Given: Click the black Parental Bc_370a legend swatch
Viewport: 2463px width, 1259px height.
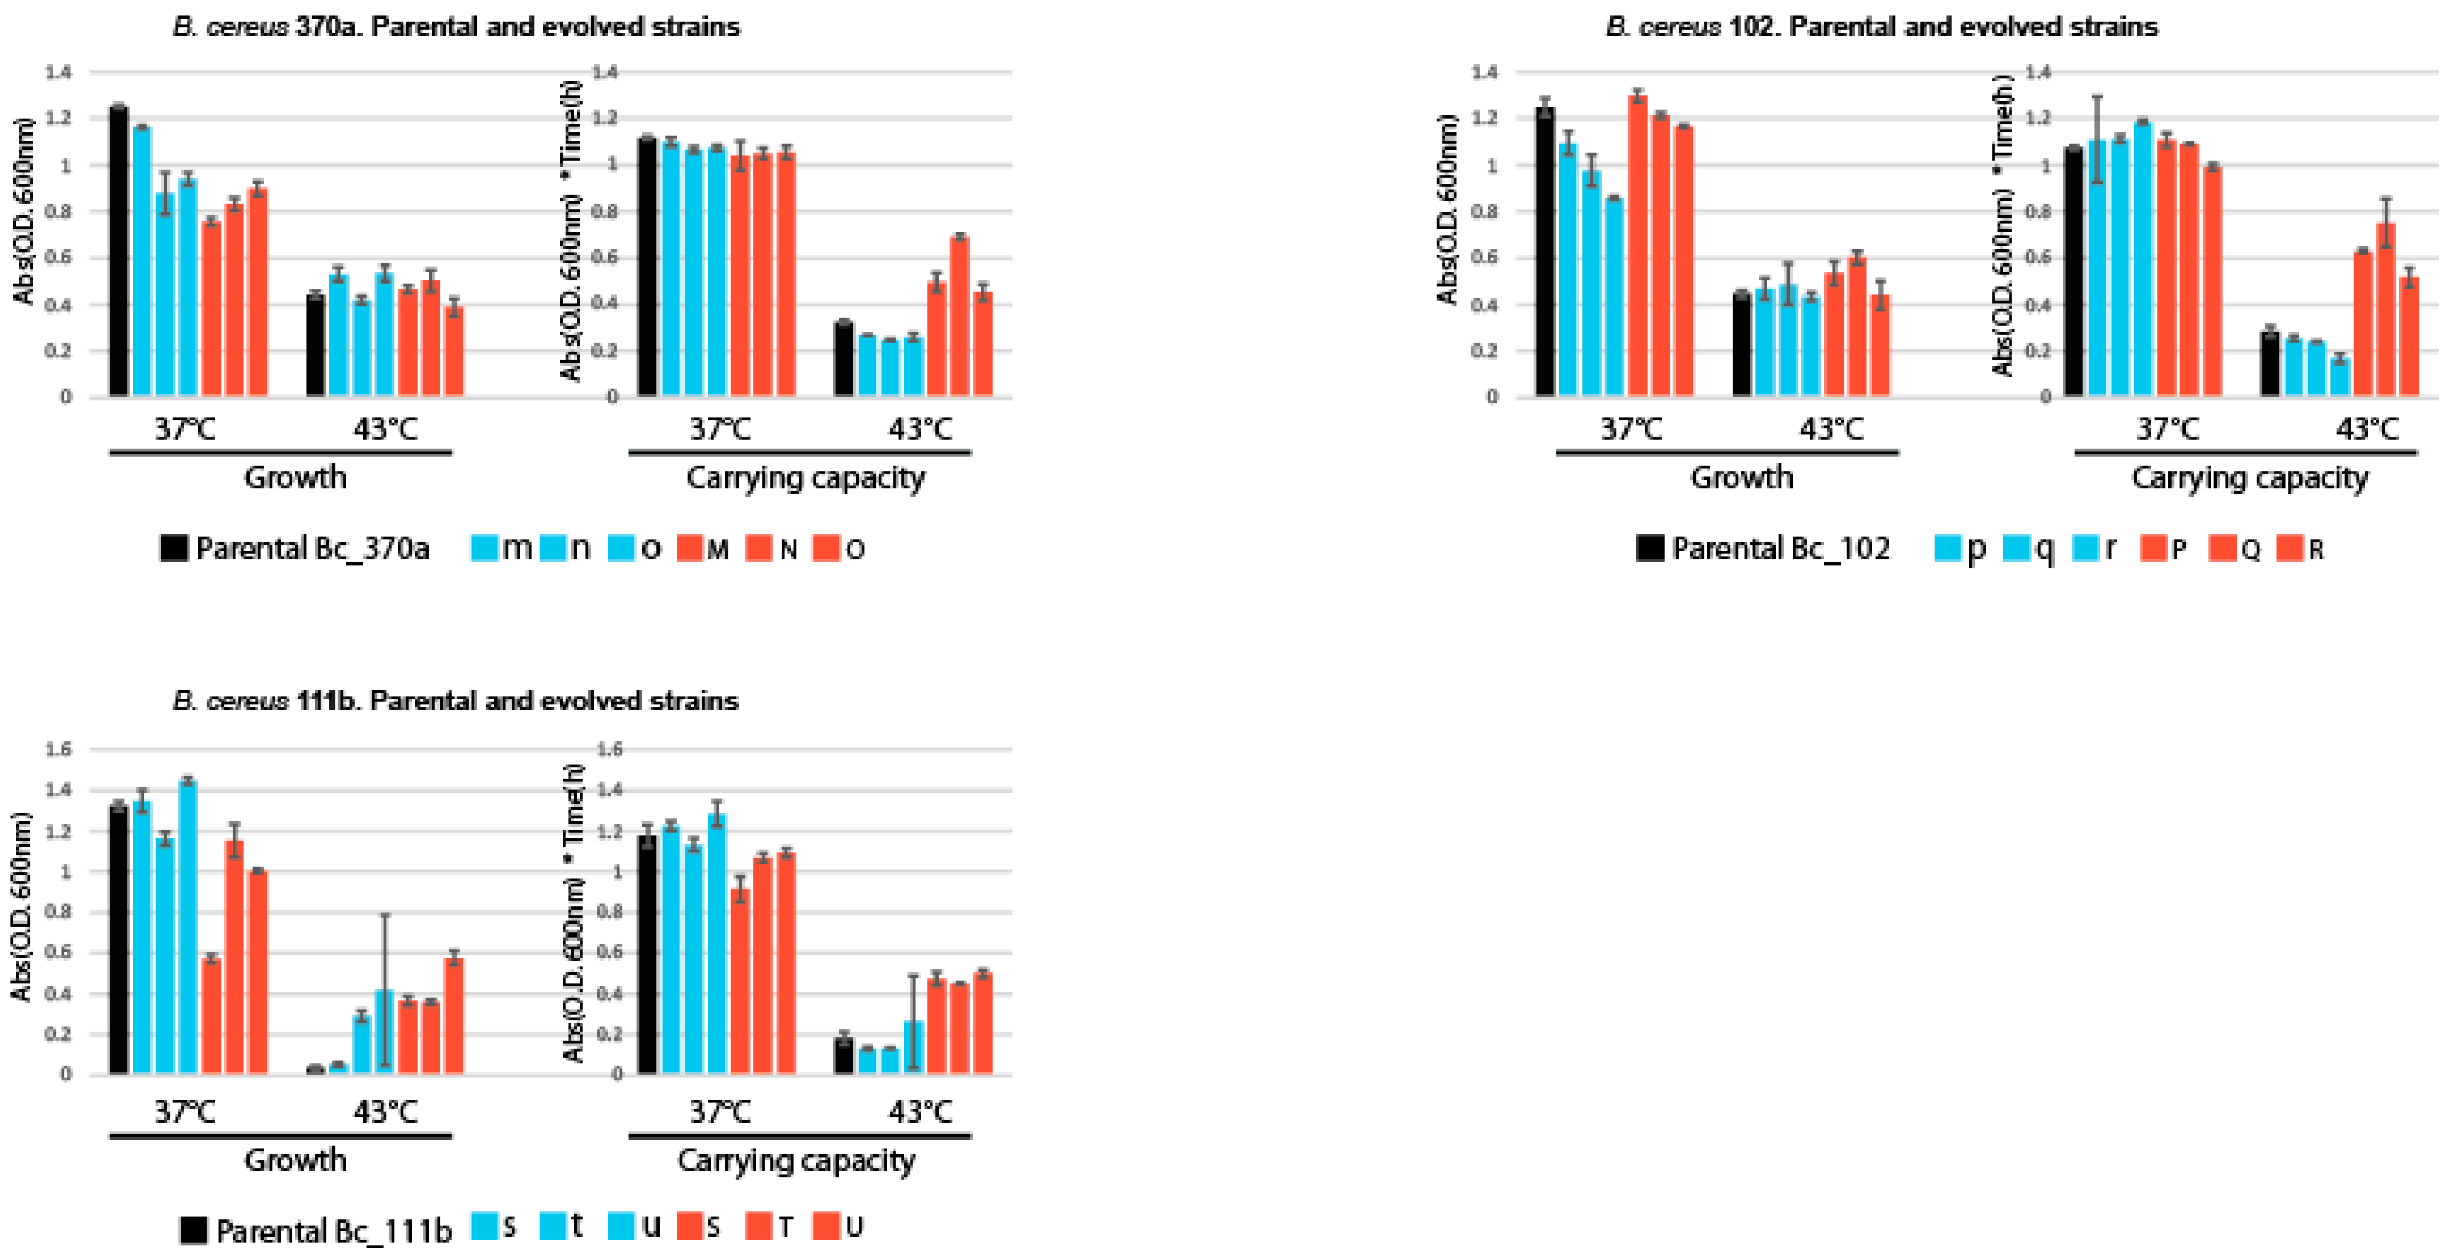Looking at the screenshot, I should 174,548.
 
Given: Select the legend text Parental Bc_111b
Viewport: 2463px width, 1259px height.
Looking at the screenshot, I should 332,1230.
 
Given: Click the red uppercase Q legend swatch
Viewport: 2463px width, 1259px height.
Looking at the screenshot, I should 2222,548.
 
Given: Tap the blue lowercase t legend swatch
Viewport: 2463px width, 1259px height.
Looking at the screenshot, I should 553,1226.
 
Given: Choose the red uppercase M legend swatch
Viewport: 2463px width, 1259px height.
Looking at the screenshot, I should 689,548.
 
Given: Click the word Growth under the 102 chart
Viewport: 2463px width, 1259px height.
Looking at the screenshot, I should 1741,477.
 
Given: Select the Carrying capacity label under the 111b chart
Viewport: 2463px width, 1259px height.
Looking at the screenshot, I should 795,1160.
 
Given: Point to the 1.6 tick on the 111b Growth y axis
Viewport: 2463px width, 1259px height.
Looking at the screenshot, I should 59,749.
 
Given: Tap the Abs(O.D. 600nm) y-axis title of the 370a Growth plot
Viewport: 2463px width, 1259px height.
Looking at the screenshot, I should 24,210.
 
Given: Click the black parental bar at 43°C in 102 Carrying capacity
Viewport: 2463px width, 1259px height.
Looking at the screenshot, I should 2270,363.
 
